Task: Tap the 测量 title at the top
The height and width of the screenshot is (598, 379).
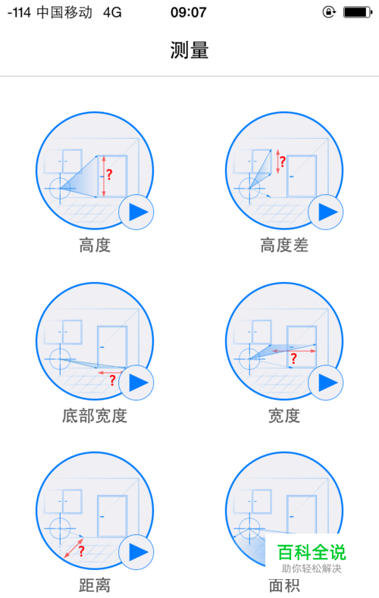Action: coord(189,50)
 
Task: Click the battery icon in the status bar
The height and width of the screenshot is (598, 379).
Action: coord(357,12)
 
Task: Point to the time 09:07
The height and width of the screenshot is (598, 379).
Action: coord(188,12)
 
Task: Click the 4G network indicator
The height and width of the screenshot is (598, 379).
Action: coord(112,13)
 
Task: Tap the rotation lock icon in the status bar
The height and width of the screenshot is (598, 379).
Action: coord(329,12)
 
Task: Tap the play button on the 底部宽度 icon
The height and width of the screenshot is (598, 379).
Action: coord(136,383)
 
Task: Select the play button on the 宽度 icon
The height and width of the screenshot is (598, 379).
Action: coord(326,383)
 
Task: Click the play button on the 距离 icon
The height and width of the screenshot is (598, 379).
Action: coord(136,552)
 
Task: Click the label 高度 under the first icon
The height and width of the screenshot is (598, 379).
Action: coord(95,246)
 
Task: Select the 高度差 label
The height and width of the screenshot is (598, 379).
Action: coord(284,246)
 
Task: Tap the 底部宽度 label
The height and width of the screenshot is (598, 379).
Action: coord(95,415)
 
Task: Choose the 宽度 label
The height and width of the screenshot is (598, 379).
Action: coord(284,415)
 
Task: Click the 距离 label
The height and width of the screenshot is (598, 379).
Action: coord(95,585)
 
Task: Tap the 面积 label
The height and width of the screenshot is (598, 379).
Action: coord(284,585)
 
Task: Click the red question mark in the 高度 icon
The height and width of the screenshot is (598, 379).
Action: coord(109,174)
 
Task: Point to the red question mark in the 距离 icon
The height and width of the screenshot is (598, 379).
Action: coord(82,551)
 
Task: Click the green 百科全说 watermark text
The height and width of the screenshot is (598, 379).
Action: coord(312,553)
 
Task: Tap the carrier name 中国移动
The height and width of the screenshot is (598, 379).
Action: coord(64,13)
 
